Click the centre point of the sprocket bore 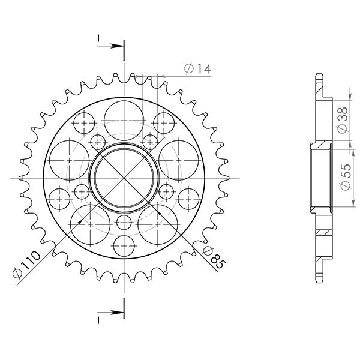[124, 178]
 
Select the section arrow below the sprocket [111, 313]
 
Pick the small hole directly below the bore [124, 222]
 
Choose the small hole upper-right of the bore [151, 141]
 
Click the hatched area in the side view [323, 232]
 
